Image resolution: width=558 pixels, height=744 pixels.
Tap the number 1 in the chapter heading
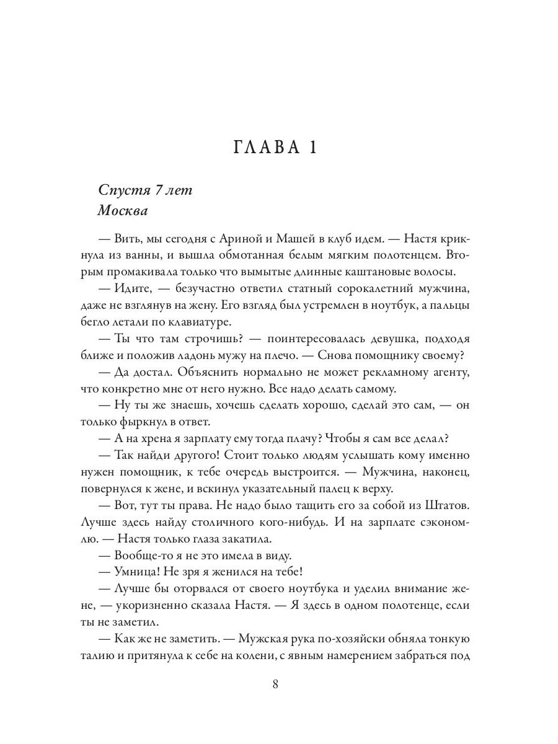coord(312,149)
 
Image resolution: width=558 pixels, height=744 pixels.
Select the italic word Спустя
coord(120,190)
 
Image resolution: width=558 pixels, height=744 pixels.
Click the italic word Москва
coord(123,211)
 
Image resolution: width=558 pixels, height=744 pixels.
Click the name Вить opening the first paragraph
coord(127,238)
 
